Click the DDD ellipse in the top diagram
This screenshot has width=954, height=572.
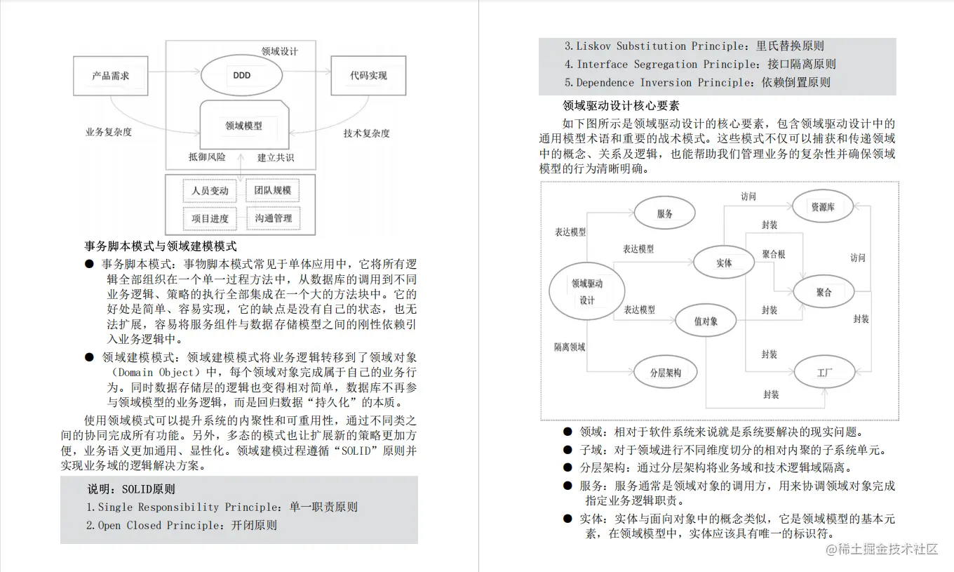(241, 75)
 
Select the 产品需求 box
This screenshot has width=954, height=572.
(111, 75)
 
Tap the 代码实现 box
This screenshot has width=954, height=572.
(368, 75)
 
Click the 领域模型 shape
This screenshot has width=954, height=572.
(243, 126)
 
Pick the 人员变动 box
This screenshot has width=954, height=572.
(210, 190)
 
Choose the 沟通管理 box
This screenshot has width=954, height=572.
(274, 218)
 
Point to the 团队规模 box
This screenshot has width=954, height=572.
(273, 190)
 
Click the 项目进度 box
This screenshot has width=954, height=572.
(210, 218)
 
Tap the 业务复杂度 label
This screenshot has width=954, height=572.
(109, 132)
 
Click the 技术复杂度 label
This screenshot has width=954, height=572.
(366, 133)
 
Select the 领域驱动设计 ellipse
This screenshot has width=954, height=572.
(587, 291)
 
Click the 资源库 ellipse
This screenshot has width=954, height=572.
(822, 207)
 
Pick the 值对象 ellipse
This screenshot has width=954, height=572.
(706, 321)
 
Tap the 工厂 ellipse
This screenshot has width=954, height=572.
(824, 372)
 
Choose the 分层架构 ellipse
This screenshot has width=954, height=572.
(665, 373)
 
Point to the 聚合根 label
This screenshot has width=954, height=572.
(774, 254)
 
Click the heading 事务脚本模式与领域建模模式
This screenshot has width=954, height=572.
(161, 246)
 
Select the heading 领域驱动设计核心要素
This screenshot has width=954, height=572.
(621, 106)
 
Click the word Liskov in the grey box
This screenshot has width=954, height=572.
(593, 46)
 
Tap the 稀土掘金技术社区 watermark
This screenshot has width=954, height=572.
(881, 549)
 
